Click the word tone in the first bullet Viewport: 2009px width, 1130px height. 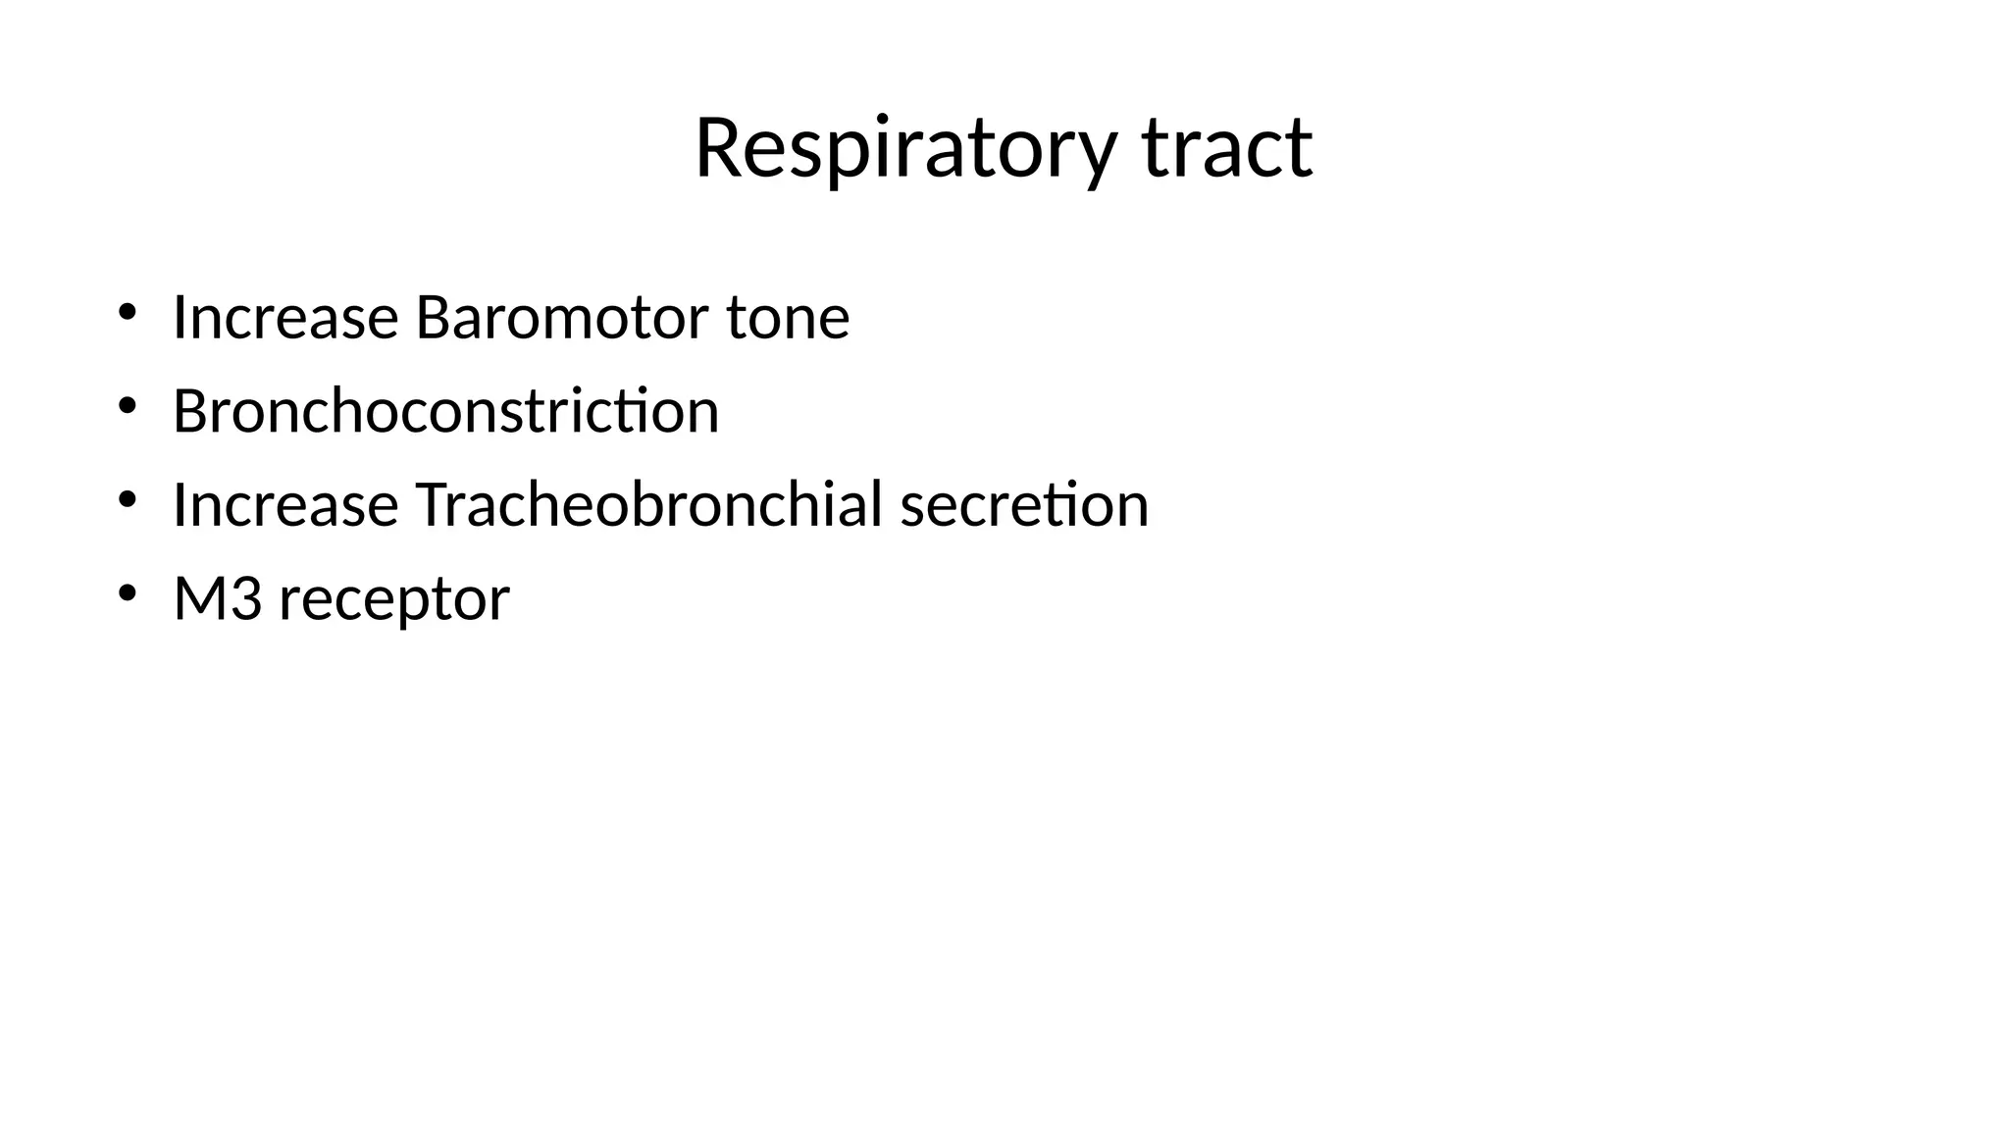[788, 318]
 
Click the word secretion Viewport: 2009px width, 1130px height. [1024, 504]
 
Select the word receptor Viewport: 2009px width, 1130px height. [394, 599]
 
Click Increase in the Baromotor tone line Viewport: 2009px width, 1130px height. [285, 318]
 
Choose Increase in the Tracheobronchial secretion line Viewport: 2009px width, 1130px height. [285, 504]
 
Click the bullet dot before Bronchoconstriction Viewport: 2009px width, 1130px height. [127, 406]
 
